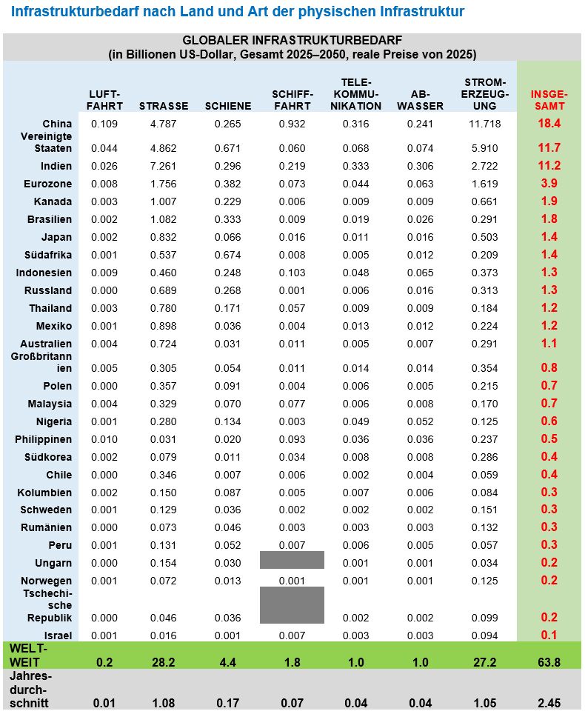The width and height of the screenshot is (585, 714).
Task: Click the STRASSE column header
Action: pos(163,106)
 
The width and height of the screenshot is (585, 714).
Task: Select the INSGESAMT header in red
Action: pos(549,100)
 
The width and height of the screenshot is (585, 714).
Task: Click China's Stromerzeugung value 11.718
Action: pos(485,123)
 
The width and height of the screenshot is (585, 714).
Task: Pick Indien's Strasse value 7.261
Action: pos(163,165)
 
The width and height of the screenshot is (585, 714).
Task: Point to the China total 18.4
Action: pos(549,124)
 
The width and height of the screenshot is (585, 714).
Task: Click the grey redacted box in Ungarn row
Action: pos(292,560)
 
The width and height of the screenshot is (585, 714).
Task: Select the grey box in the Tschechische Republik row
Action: pos(292,604)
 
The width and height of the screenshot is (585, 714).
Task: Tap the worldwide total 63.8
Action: pos(549,662)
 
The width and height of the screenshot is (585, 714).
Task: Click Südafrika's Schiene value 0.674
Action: pos(227,255)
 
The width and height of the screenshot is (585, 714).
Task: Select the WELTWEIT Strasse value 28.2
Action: pos(163,662)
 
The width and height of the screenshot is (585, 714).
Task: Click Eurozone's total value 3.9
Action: pos(549,183)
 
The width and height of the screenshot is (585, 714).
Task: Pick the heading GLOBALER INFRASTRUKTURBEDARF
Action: pos(292,40)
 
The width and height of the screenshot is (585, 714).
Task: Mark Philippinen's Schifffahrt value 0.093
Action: pos(292,439)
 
